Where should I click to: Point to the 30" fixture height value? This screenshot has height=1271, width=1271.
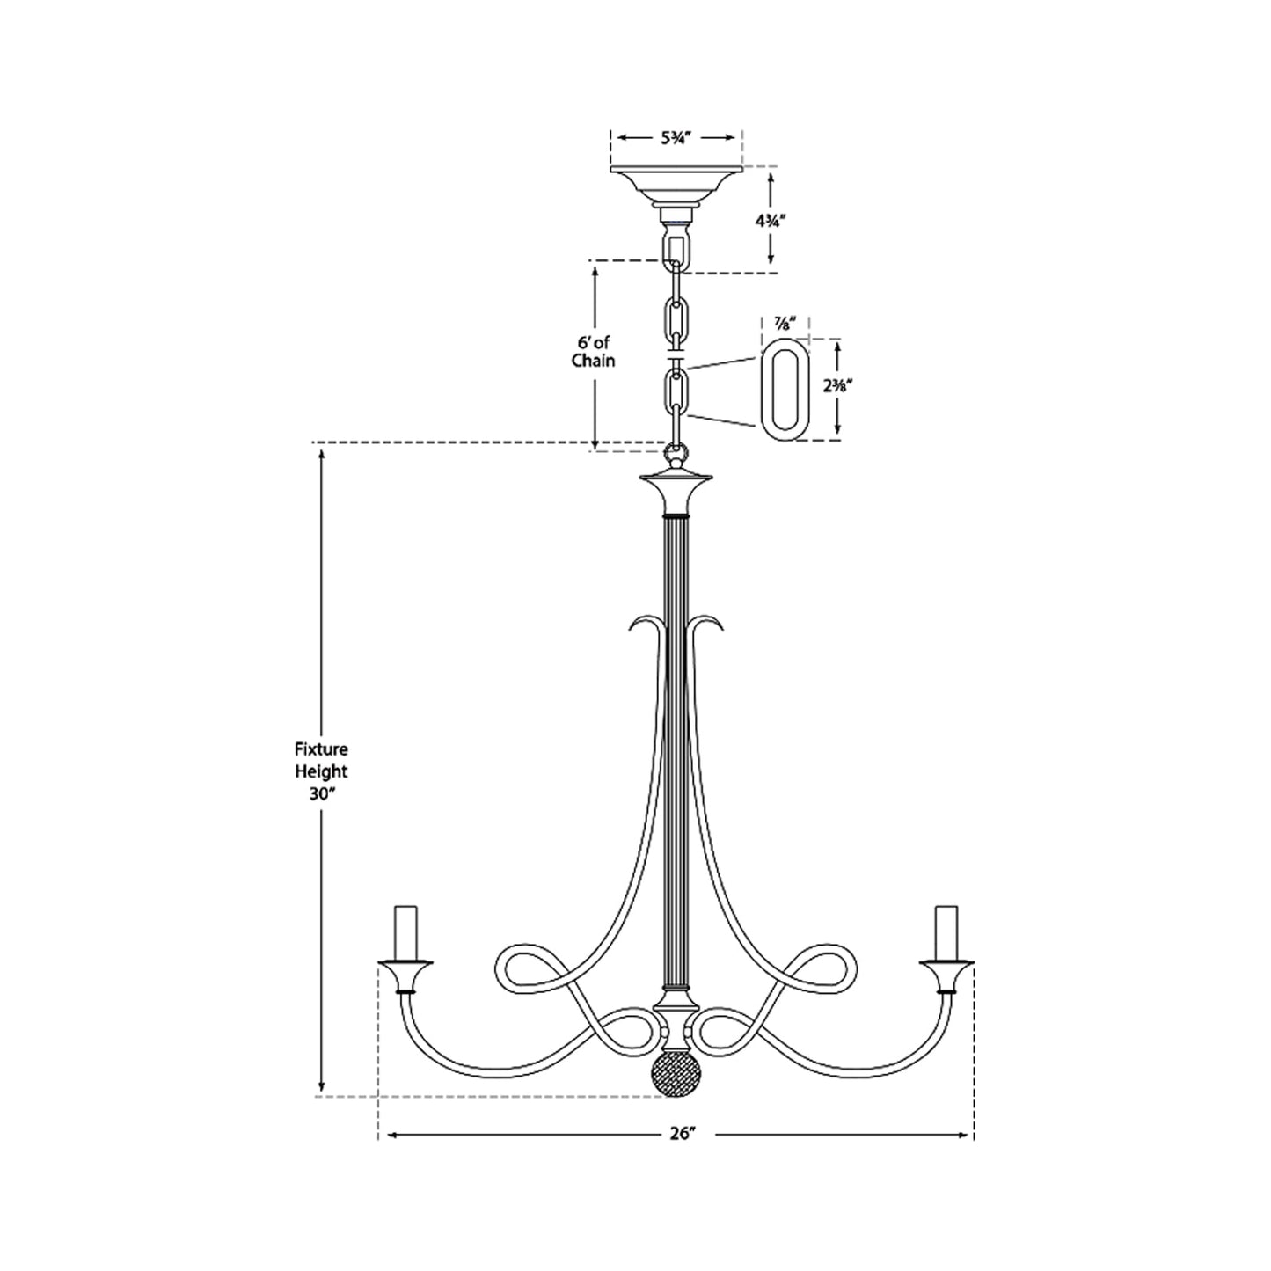[x=321, y=793]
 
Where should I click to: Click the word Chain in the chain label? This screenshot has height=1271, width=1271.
[x=592, y=361]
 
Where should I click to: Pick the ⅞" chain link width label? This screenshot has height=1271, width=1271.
[x=785, y=323]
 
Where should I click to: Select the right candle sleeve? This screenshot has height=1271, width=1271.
[x=946, y=931]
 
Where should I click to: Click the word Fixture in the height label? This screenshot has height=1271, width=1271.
[x=321, y=750]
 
